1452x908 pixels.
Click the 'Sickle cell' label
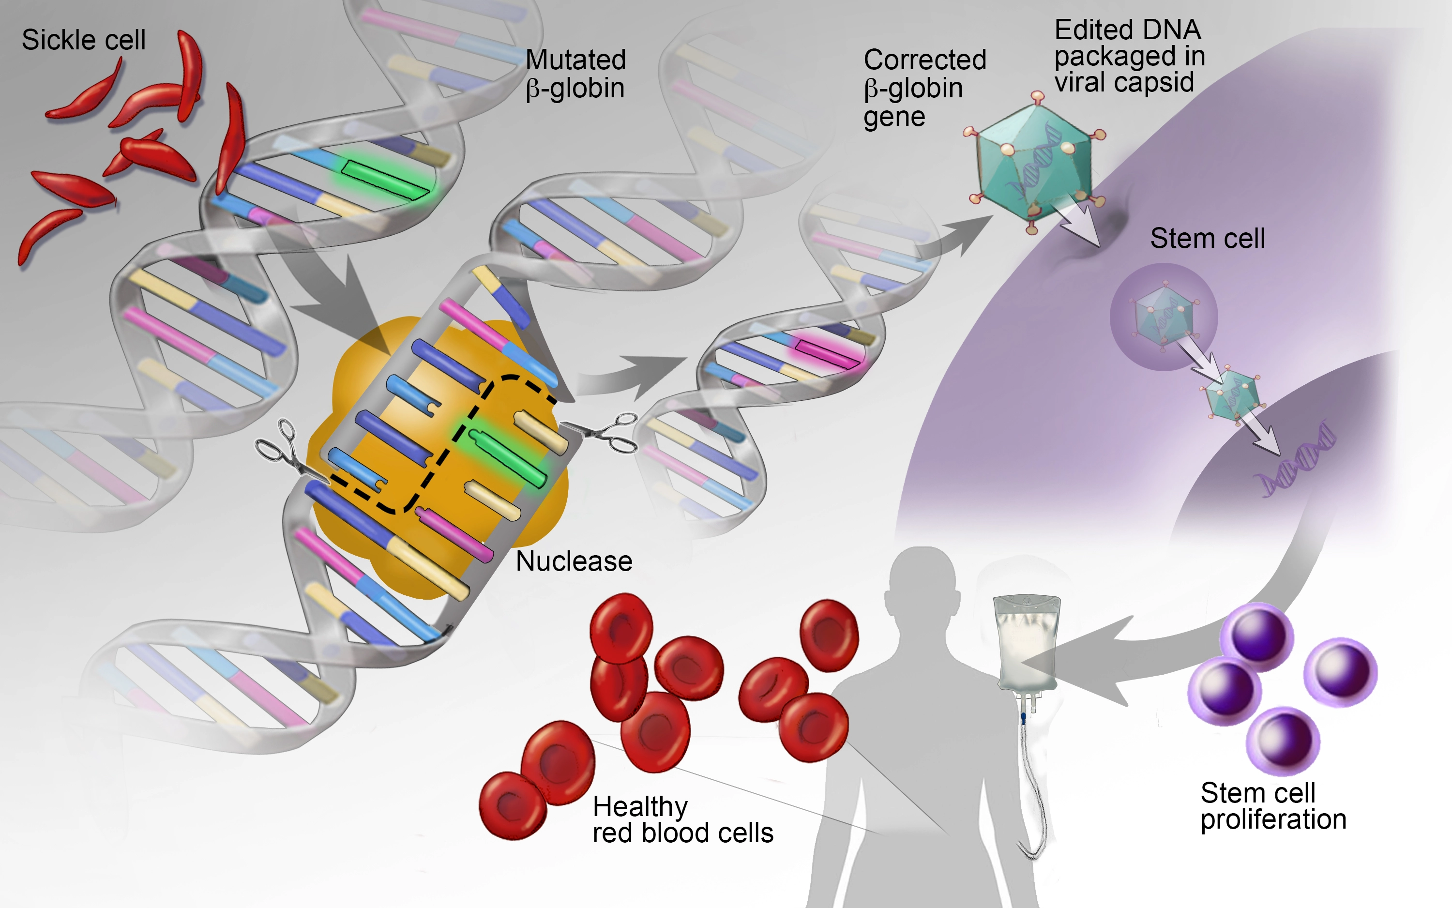point(83,40)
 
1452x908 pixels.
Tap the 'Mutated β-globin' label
point(575,74)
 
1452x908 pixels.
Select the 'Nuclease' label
point(574,561)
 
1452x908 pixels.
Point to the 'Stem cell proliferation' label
point(1273,806)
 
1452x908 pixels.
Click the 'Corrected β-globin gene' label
point(923,88)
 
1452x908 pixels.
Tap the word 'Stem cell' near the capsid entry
point(1207,239)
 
